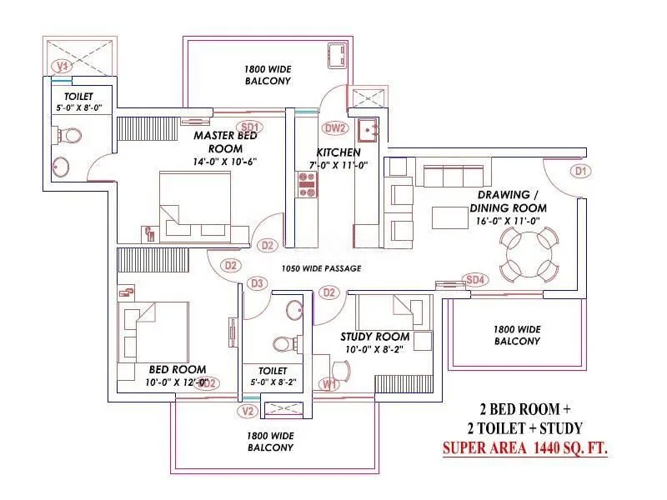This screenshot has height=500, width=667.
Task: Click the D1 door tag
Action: (x=581, y=171)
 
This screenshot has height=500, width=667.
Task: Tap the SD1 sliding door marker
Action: (x=251, y=127)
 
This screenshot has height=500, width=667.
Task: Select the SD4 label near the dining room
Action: (x=474, y=280)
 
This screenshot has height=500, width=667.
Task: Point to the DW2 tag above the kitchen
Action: (x=335, y=128)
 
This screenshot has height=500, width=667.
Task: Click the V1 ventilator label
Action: (x=61, y=66)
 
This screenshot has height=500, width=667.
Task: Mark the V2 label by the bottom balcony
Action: (x=247, y=411)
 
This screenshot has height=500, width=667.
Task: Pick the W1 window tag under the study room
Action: (x=329, y=384)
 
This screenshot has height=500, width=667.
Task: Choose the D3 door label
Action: (x=258, y=284)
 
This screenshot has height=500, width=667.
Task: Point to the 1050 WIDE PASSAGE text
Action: (x=321, y=268)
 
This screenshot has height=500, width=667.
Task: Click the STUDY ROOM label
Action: (x=374, y=337)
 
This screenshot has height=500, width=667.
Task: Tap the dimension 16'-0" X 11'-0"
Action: (x=508, y=221)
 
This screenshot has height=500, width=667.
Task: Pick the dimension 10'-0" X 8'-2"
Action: (x=374, y=349)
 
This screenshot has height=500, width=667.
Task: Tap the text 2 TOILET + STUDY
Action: (x=525, y=428)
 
